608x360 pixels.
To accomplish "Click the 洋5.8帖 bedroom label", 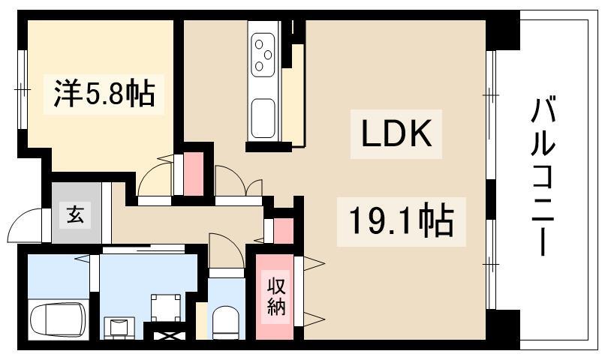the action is (104, 94).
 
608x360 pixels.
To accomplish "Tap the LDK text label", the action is (396, 133).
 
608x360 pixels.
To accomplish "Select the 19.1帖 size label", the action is (402, 221).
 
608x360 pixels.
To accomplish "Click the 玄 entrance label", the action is (75, 214).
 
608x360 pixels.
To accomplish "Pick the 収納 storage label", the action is (276, 297).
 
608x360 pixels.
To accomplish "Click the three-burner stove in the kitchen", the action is (263, 55).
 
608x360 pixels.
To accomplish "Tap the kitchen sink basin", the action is (263, 118).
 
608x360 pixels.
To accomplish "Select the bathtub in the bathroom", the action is (58, 320).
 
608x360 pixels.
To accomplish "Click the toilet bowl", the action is (226, 322).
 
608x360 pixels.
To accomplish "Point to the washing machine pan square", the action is (166, 307).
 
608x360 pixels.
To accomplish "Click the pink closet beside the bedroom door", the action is (194, 173).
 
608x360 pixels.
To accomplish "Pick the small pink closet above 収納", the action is (284, 231).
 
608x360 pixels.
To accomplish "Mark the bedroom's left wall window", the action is (22, 89).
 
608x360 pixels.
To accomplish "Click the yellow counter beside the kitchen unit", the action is (293, 95).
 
